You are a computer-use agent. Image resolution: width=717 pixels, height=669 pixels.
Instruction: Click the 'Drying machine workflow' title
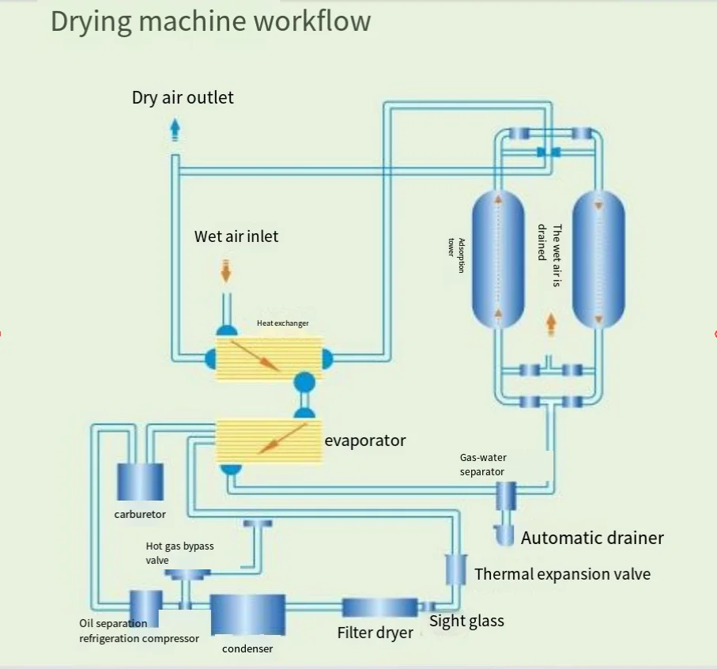point(210,21)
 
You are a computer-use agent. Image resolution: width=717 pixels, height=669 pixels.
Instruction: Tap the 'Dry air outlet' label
point(183,98)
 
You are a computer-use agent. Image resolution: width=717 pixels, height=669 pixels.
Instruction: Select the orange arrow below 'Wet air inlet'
point(226,270)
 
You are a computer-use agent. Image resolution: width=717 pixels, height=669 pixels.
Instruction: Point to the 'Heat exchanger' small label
point(282,323)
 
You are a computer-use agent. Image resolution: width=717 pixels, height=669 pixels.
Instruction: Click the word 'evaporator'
point(365,440)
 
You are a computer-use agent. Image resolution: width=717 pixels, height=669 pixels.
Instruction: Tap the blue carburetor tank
point(140,482)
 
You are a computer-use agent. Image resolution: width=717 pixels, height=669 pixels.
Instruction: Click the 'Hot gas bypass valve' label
point(179,553)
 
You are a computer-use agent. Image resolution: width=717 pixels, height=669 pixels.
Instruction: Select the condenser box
point(247,614)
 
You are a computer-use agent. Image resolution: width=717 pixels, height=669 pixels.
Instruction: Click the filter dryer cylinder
point(379,607)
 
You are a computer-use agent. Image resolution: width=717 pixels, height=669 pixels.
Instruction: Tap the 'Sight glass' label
point(466,621)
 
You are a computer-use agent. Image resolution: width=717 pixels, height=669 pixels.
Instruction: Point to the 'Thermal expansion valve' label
point(562,574)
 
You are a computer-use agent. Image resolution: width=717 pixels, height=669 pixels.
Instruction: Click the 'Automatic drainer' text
point(592,539)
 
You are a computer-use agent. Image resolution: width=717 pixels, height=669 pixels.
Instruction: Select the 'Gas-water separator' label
point(482,464)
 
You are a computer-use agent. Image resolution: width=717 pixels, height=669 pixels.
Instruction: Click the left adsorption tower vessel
point(498,259)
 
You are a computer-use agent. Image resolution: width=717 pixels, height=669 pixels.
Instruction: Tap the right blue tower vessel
point(598,259)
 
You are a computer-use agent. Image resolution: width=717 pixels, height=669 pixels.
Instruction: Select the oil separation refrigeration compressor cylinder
point(146,607)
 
